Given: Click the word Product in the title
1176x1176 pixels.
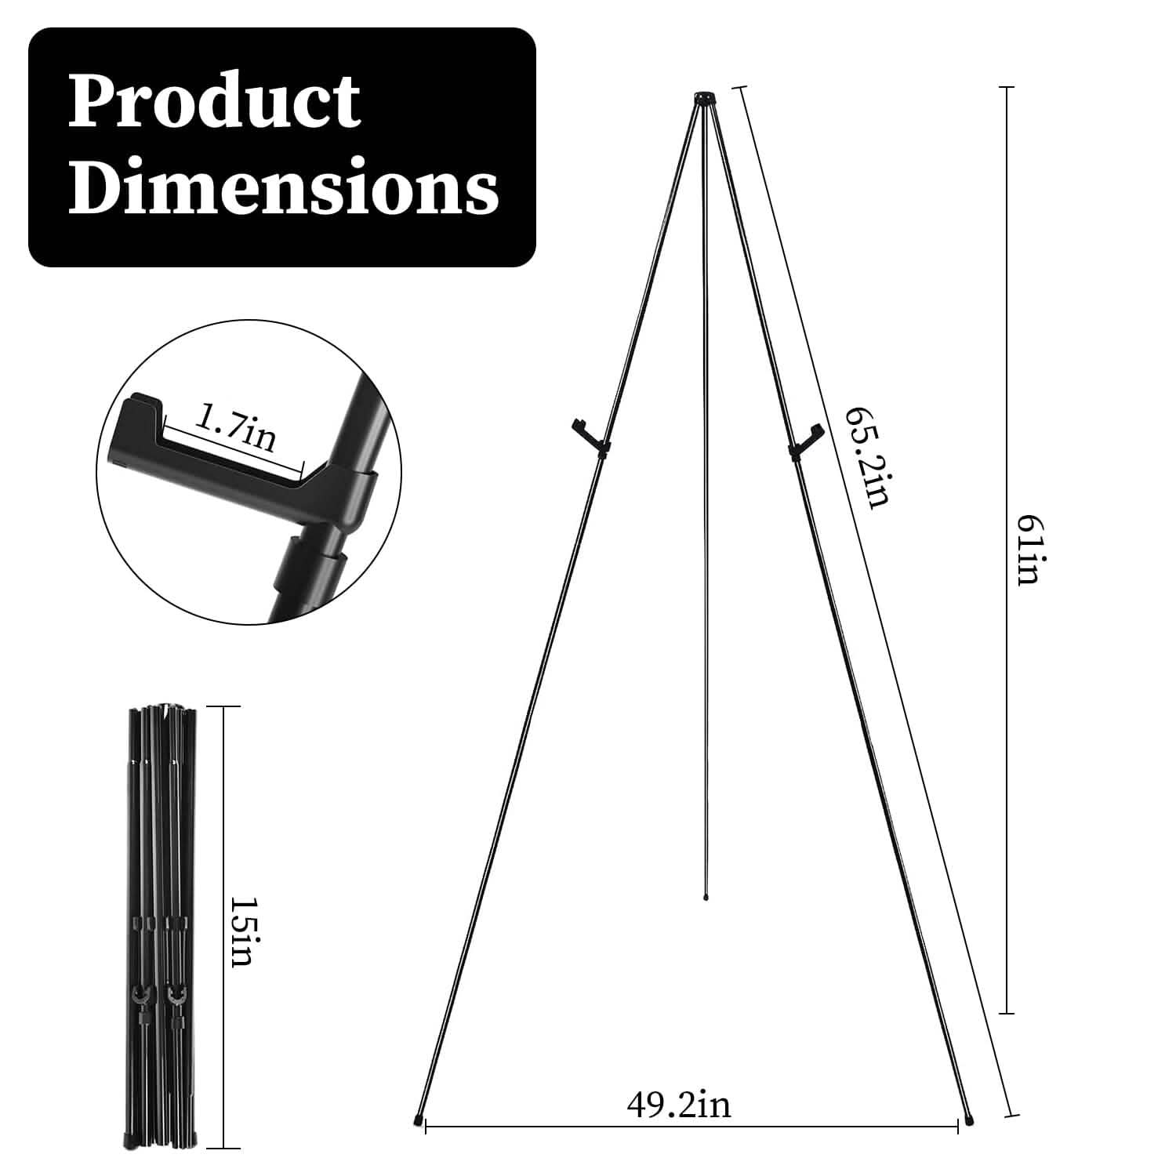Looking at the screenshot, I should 213,102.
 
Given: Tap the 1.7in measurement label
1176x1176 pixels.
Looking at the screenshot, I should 235,429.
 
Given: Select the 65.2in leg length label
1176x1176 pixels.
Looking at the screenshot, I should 867,458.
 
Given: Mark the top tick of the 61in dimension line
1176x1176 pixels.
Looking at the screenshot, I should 1007,87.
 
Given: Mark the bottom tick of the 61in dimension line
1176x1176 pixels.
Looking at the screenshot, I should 1007,1013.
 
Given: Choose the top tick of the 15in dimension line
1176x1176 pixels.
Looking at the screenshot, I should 223,707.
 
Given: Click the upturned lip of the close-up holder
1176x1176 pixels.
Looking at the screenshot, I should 141,408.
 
